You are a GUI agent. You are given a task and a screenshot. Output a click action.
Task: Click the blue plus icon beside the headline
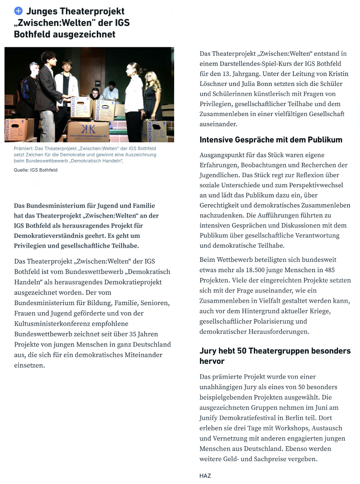point(18,11)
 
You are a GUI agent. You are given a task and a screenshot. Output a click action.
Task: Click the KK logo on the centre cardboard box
point(88,127)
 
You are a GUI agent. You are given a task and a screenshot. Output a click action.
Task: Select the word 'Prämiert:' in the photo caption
point(24,148)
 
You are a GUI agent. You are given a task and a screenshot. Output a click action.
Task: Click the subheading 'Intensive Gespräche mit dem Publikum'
point(271,140)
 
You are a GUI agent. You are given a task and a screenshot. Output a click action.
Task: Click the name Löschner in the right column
point(214,84)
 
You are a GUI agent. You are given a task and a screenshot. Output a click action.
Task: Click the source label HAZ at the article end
point(205,475)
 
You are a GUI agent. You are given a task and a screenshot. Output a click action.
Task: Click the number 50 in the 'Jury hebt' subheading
point(243,351)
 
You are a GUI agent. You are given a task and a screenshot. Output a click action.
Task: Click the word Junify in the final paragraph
point(211,418)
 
